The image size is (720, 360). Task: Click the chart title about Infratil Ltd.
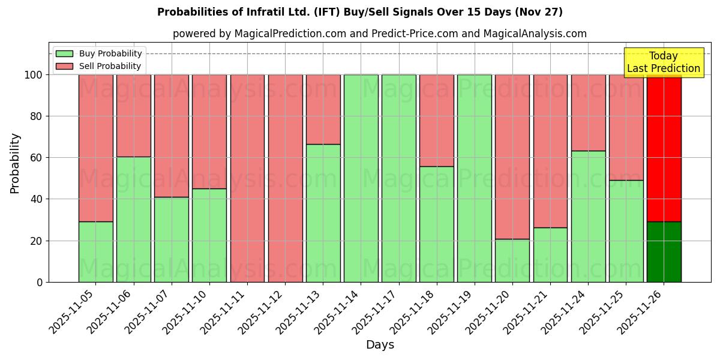[360, 12]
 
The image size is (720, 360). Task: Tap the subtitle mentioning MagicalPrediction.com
[379, 34]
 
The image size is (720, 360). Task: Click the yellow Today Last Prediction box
[663, 62]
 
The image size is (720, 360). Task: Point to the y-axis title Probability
[15, 163]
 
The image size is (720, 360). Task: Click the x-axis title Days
[380, 345]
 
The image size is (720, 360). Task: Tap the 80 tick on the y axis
[37, 116]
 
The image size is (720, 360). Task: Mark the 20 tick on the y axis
[37, 241]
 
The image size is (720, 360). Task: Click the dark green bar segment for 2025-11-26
[664, 252]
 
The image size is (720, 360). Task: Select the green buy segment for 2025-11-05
[95, 252]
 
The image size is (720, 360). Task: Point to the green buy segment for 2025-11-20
[512, 260]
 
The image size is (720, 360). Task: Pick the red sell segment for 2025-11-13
[323, 109]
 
